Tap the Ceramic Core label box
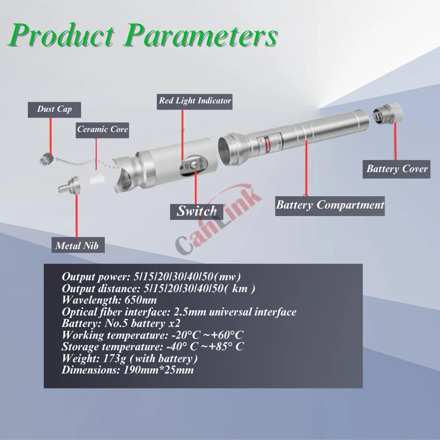(103, 129)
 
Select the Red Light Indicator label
(195, 101)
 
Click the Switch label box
(196, 211)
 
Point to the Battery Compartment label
(330, 205)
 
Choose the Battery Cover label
(397, 169)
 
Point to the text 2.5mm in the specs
(187, 312)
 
